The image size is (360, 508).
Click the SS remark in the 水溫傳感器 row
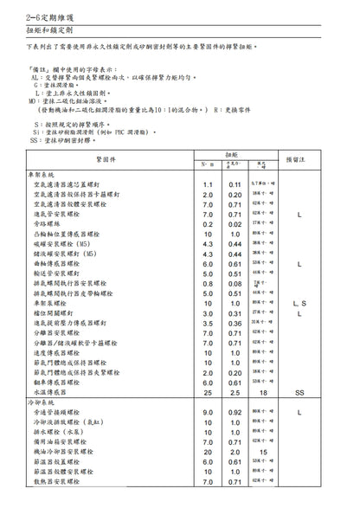(x=299, y=392)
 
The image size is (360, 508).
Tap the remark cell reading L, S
(x=299, y=303)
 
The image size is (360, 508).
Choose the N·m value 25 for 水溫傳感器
(x=208, y=392)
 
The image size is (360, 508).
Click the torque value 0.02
(x=235, y=223)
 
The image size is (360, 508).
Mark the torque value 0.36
(x=235, y=322)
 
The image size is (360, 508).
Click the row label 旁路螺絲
(x=50, y=223)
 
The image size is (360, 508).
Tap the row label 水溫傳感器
(x=58, y=392)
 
